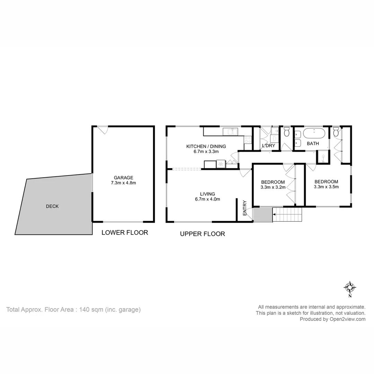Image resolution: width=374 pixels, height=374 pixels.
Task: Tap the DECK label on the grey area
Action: [52, 206]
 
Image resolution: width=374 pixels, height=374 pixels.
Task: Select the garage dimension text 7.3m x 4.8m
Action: [124, 183]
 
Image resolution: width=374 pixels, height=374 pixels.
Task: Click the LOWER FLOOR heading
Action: [125, 233]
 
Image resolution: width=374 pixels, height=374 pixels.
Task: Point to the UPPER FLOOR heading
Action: [202, 234]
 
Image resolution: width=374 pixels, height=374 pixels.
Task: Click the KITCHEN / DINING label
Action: [206, 146]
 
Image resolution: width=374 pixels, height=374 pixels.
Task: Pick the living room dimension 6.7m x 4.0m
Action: [207, 199]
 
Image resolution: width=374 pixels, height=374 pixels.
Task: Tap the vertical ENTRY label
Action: [245, 208]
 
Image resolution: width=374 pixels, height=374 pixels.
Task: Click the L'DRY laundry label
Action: [268, 146]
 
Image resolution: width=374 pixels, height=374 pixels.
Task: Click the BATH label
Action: [313, 143]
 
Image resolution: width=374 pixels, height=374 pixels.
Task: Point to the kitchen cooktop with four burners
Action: [248, 140]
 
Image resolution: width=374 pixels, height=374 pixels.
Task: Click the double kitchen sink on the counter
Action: [230, 131]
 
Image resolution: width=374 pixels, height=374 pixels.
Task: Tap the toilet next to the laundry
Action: [286, 132]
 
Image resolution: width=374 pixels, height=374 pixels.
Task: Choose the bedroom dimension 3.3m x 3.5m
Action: [326, 187]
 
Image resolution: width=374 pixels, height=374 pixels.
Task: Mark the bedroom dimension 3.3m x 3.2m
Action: [273, 187]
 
